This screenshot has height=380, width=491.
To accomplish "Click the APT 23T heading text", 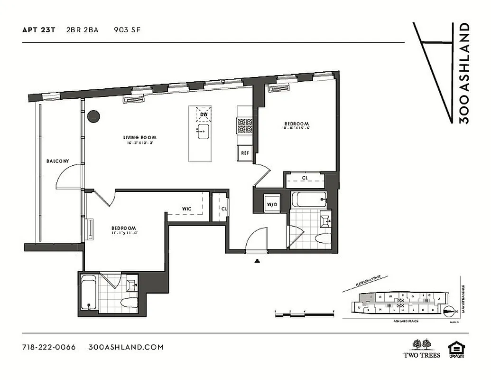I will click(x=39, y=30).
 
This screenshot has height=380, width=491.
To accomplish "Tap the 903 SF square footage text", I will click(x=127, y=30).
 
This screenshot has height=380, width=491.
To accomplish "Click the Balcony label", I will click(x=57, y=161).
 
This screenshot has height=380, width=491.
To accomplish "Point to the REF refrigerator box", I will click(x=245, y=153).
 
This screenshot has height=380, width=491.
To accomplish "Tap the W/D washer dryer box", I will click(x=272, y=205).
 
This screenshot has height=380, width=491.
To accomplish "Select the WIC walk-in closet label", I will click(x=186, y=209).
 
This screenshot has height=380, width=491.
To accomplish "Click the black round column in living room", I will click(x=94, y=116).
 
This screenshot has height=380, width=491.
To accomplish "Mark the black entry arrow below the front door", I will click(x=258, y=260).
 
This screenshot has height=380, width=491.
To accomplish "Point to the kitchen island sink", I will click(x=204, y=131).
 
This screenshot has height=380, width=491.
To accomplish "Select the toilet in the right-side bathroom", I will click(x=324, y=239).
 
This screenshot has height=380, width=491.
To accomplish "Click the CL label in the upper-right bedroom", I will click(x=305, y=179).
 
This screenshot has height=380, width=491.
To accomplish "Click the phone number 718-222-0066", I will click(x=49, y=347).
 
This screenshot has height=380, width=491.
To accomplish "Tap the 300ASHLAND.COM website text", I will click(x=126, y=347).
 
